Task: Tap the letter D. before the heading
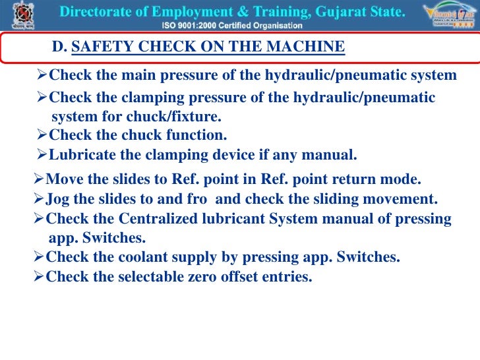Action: (x=59, y=47)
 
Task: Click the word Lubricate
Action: (x=81, y=156)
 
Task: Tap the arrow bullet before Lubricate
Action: (x=42, y=156)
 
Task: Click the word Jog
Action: (x=57, y=199)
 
